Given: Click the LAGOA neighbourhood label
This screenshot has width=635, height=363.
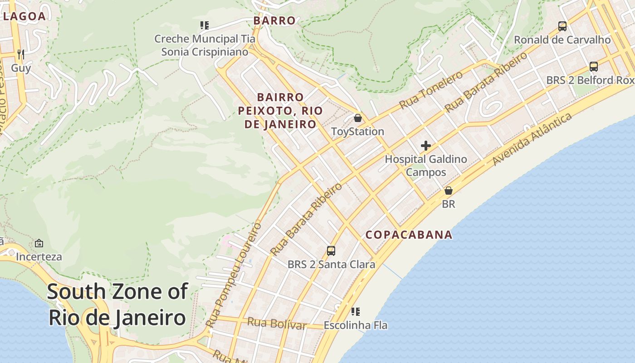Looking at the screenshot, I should click(24, 16).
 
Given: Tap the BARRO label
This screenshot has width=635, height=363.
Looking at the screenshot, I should click(274, 20).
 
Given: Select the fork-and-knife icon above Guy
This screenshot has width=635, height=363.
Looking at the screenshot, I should click(20, 54).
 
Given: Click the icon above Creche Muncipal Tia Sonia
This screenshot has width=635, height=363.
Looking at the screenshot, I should click(205, 25).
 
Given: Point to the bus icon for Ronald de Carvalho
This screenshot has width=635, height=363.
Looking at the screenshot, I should click(562, 26).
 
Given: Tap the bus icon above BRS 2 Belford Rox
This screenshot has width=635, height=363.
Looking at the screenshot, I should click(594, 67).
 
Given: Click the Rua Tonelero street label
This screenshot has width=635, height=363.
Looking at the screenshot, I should click(431, 90).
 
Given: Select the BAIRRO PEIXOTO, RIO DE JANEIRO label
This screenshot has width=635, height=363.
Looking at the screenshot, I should click(280, 111).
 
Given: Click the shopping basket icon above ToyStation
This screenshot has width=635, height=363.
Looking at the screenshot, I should click(358, 118).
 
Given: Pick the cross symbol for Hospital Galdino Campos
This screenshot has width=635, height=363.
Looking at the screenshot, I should click(425, 146).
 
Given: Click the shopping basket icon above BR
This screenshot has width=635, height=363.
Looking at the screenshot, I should click(449, 191).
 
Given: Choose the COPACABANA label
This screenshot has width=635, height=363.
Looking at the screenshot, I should click(409, 235).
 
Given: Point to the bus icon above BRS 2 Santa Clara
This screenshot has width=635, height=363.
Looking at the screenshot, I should click(331, 250).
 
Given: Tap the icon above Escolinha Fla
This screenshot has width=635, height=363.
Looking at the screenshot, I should click(356, 312).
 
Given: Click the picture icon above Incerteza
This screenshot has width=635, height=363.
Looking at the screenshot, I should click(39, 243).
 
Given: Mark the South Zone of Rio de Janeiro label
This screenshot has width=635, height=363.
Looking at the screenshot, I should click(117, 304).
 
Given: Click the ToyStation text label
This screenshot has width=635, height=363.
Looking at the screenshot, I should click(357, 132).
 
